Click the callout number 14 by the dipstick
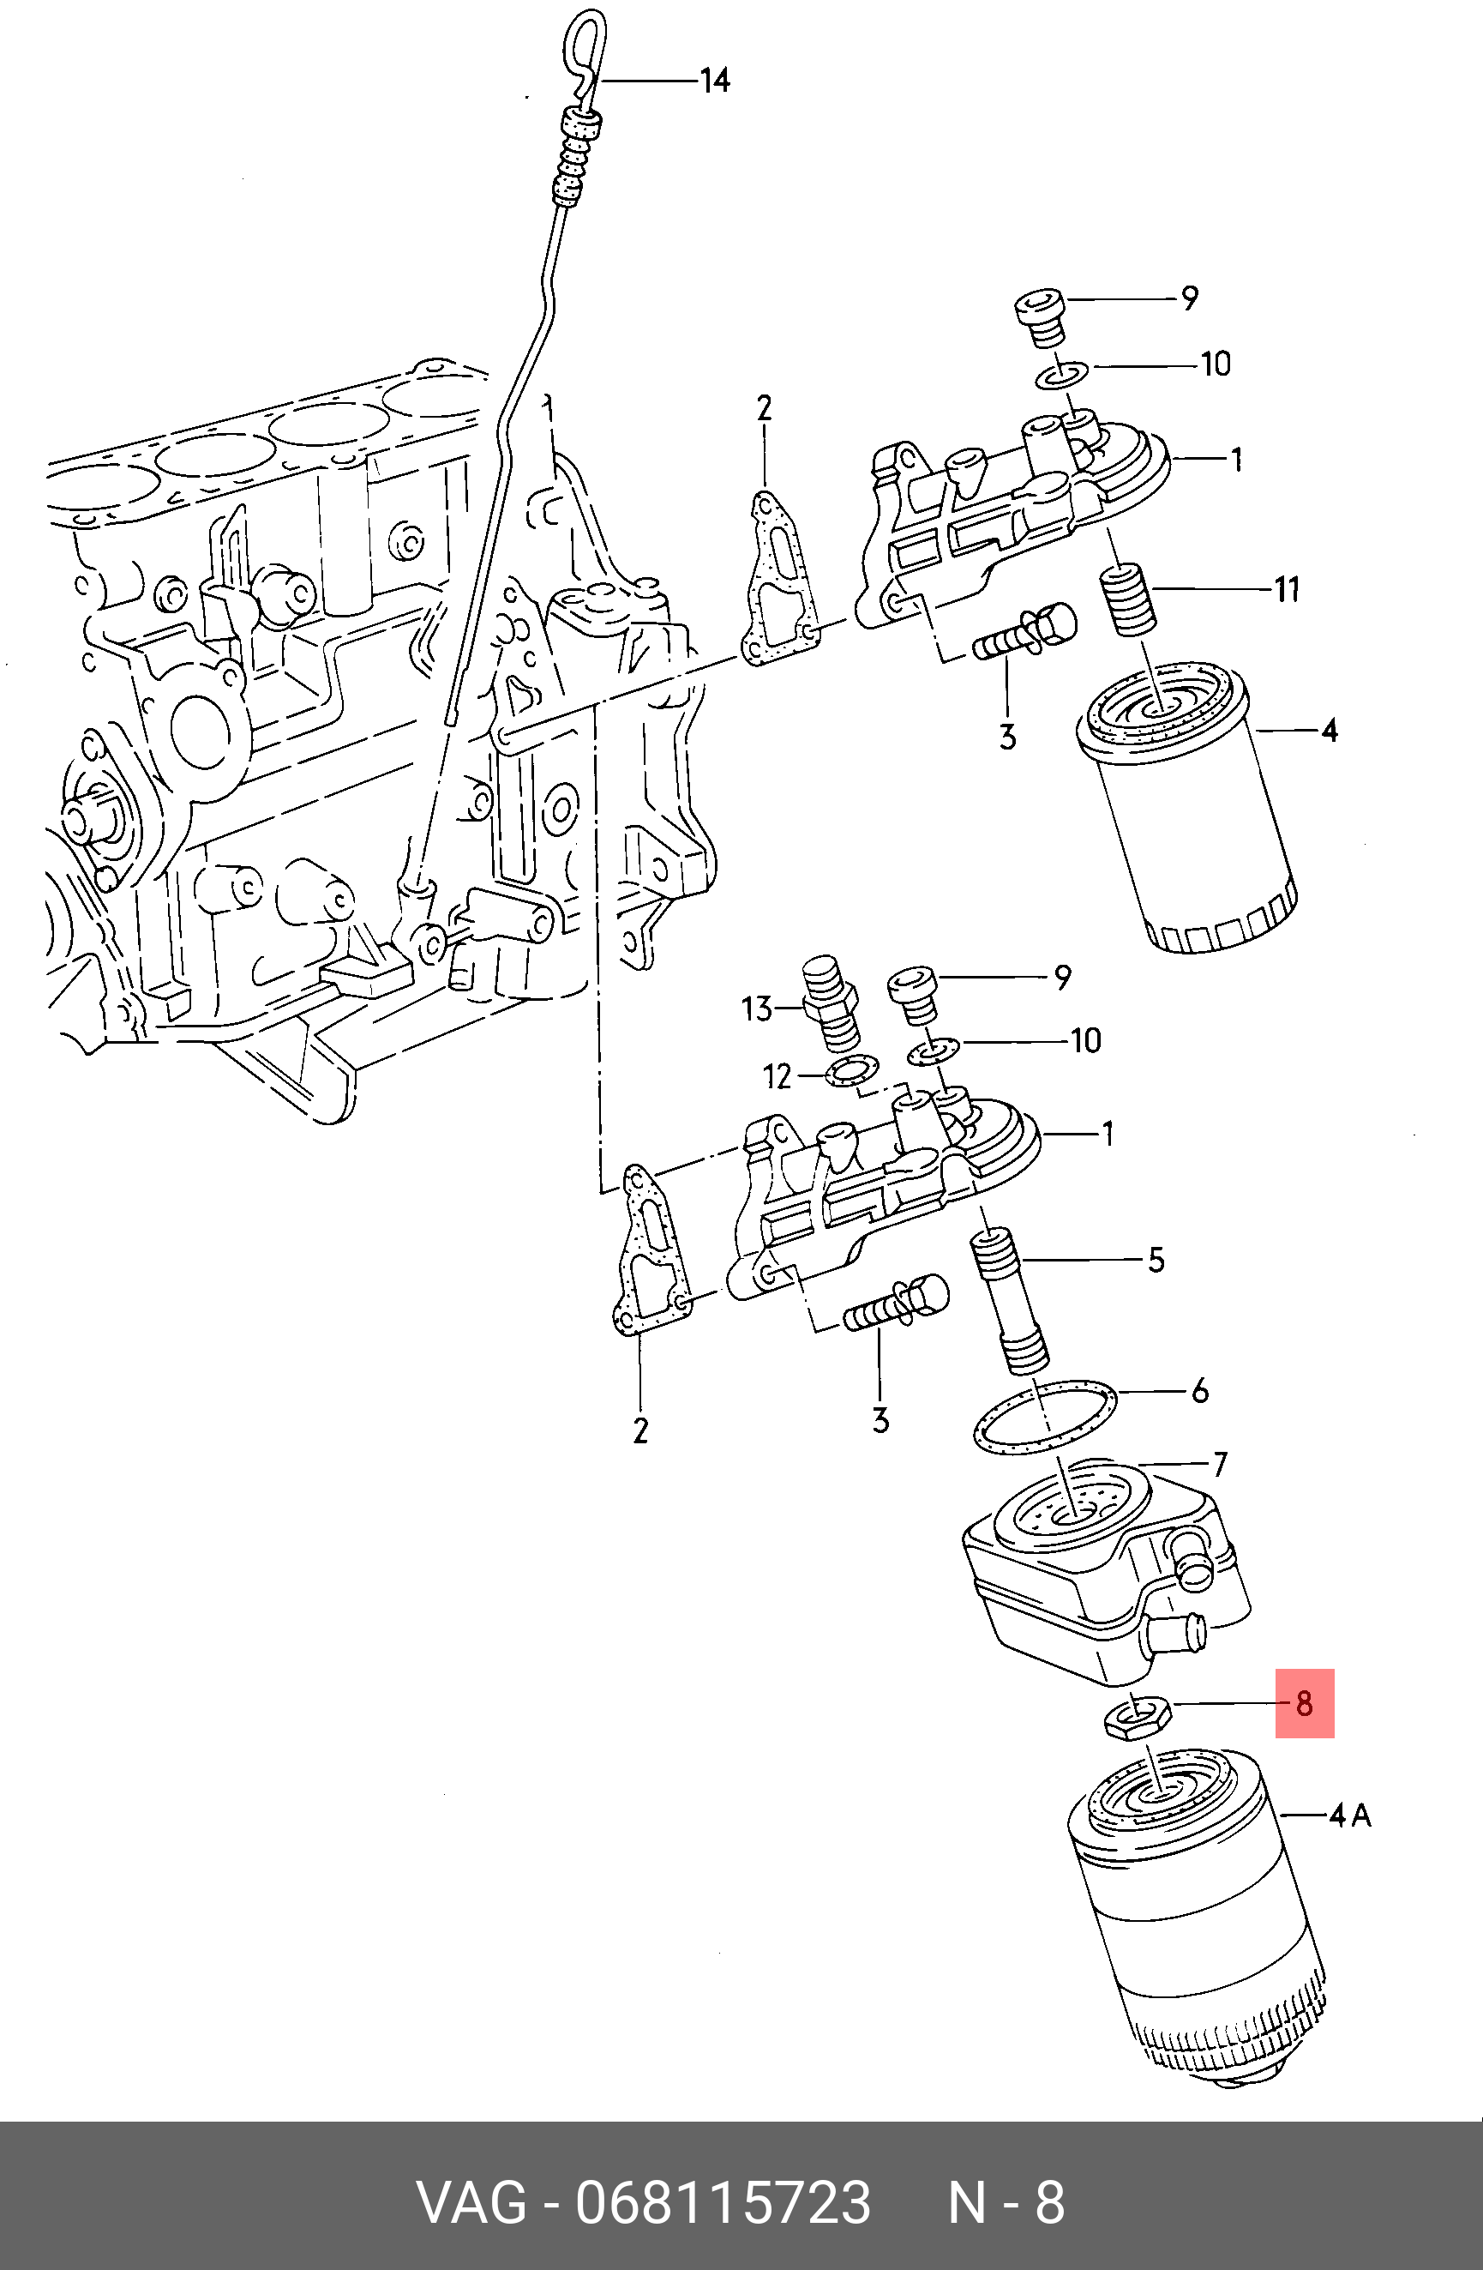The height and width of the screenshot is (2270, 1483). [x=714, y=81]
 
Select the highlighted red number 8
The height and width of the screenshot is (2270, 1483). [x=1304, y=1702]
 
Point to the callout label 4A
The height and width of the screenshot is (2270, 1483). [x=1349, y=1815]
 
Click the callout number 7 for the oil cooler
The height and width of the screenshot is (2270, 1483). [x=1220, y=1463]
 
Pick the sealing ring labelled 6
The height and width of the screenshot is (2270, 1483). [x=1045, y=1419]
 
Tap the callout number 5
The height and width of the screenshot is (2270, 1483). [x=1156, y=1260]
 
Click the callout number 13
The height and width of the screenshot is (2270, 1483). [x=756, y=1009]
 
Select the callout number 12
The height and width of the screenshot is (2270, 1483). [x=778, y=1077]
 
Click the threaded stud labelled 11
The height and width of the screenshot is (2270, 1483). [x=1129, y=598]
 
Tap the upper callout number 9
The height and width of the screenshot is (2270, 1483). [x=1188, y=298]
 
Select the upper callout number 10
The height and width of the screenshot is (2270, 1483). [x=1215, y=364]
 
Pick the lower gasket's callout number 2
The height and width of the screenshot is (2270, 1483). [x=640, y=1430]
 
